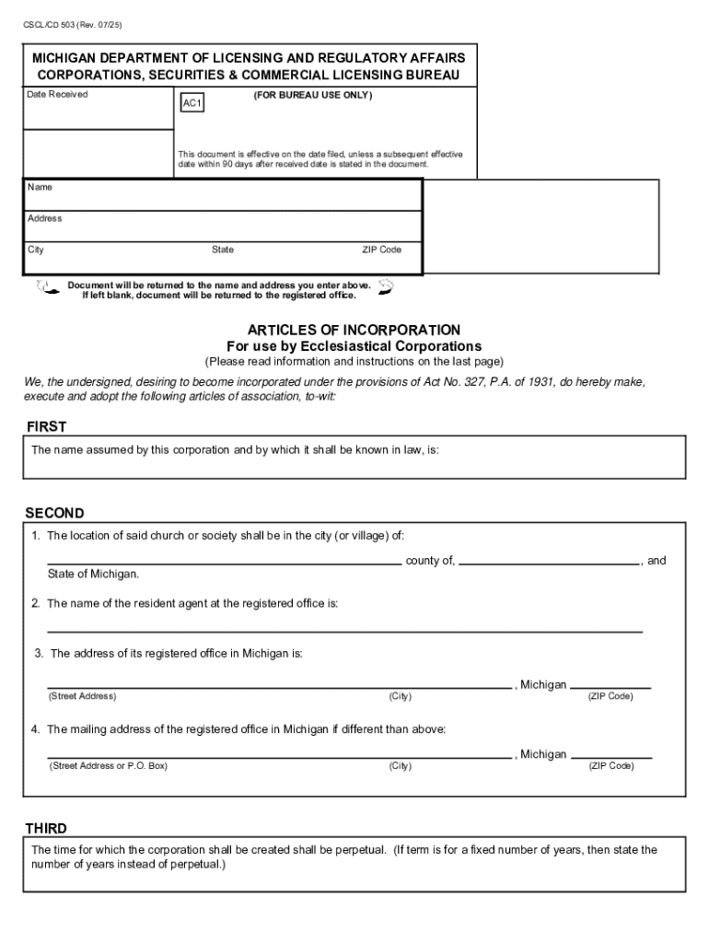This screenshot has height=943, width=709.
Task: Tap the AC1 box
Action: coord(192,104)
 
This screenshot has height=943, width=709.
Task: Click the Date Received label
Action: coord(57,95)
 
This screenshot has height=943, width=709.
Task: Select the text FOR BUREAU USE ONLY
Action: coord(312,95)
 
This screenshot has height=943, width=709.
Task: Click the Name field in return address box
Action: coord(222,194)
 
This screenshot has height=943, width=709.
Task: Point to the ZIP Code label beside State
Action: coord(381,250)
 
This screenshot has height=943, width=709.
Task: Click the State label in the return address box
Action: coord(223,250)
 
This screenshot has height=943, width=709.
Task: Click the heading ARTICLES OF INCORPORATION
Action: coord(354,330)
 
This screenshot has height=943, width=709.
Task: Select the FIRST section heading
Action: coord(45,427)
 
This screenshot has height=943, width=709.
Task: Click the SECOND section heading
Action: coord(54,513)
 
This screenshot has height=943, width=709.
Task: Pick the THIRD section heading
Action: coord(46,828)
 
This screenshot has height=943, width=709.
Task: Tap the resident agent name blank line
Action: coord(344,631)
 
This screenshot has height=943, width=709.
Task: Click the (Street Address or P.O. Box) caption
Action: coord(108,766)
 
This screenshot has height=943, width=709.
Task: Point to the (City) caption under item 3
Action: coord(400,696)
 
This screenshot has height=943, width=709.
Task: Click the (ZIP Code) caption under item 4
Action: coord(610,766)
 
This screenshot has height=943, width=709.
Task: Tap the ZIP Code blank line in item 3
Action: coord(610,687)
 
